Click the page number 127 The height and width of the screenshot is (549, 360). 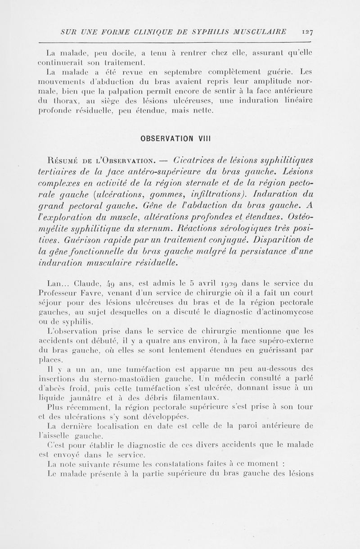(309, 32)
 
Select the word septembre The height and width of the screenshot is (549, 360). (185, 72)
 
